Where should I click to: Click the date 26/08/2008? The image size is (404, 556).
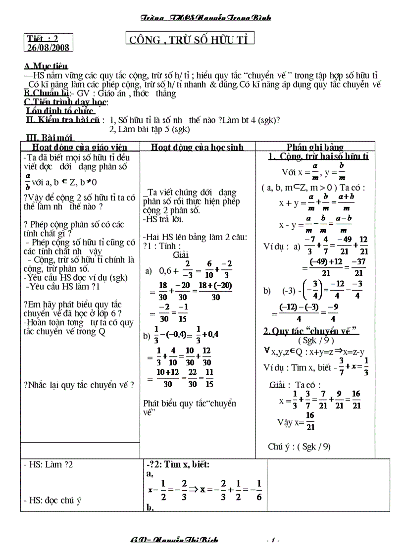pyautogui.click(x=48, y=48)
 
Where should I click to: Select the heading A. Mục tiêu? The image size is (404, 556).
pyautogui.click(x=46, y=66)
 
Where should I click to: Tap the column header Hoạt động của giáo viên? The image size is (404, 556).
pyautogui.click(x=79, y=147)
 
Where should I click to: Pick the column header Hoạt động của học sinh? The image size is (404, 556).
pyautogui.click(x=198, y=147)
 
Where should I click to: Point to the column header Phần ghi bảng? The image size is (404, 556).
pyautogui.click(x=315, y=147)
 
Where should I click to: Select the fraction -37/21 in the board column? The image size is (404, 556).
pyautogui.click(x=359, y=268)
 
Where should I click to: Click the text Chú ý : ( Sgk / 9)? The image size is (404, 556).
pyautogui.click(x=299, y=446)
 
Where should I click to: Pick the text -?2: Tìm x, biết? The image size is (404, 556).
pyautogui.click(x=178, y=464)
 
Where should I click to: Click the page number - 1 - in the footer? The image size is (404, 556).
pyautogui.click(x=273, y=540)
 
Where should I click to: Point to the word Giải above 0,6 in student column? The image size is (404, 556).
pyautogui.click(x=178, y=255)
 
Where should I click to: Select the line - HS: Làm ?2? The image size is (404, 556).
pyautogui.click(x=49, y=465)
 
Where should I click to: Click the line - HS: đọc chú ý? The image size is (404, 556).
pyautogui.click(x=52, y=501)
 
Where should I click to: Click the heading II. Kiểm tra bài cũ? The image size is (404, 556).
pyautogui.click(x=65, y=120)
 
